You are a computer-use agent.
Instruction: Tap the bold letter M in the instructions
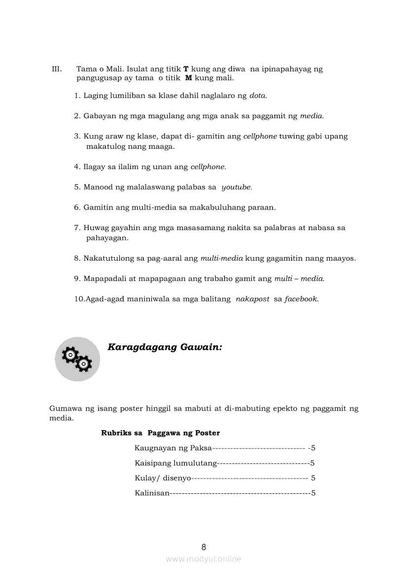click(188, 78)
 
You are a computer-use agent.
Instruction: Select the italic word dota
click(258, 96)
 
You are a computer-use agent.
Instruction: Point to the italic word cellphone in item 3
click(260, 136)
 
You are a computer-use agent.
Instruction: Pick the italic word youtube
click(237, 187)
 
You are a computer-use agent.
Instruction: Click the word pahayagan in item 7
click(107, 238)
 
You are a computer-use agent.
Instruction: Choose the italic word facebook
click(302, 299)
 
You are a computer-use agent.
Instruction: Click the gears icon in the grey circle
click(77, 359)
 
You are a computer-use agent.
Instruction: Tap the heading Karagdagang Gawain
click(165, 347)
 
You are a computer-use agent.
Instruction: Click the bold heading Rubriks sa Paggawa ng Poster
click(160, 433)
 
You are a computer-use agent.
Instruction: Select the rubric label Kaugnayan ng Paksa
click(173, 448)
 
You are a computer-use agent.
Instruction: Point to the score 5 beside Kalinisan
click(313, 493)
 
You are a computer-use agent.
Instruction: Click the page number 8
click(203, 547)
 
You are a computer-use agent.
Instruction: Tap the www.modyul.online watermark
click(203, 559)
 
